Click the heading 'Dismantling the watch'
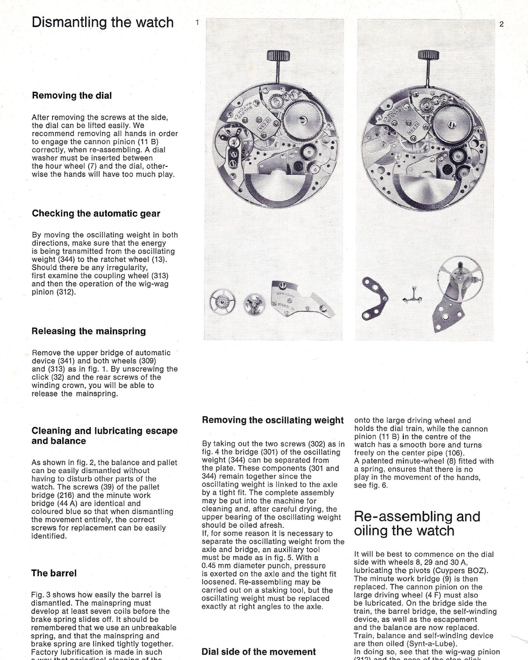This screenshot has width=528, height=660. (x=103, y=23)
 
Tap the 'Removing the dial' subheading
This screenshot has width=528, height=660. (x=72, y=96)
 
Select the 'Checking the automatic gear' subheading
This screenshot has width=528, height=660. (x=96, y=213)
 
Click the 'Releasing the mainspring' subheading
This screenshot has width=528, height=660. (x=89, y=331)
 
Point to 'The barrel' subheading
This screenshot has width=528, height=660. (x=54, y=573)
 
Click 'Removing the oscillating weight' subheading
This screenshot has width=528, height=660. (x=273, y=420)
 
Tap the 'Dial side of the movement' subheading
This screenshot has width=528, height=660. (x=259, y=652)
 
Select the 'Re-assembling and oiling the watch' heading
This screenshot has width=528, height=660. (x=417, y=523)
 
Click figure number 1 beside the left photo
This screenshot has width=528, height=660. (x=197, y=23)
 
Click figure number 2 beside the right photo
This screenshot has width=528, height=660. (x=501, y=24)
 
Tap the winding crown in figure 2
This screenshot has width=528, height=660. (x=428, y=56)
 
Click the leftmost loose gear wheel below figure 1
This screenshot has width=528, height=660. (x=223, y=302)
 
